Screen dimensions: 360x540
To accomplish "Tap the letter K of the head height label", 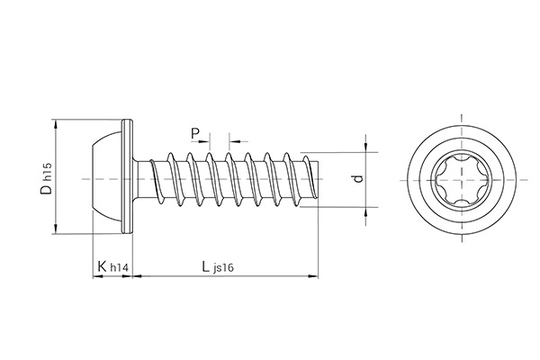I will pyautogui.click(x=102, y=266).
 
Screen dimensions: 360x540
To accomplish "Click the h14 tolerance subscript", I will pyautogui.click(x=118, y=269).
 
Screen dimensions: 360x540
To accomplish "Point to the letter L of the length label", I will pyautogui.click(x=206, y=266).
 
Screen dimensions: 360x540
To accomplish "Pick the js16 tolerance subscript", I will pyautogui.click(x=226, y=269).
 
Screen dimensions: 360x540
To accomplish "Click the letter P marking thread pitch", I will pyautogui.click(x=195, y=134).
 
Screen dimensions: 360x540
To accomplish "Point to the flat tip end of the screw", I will pyautogui.click(x=319, y=181).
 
